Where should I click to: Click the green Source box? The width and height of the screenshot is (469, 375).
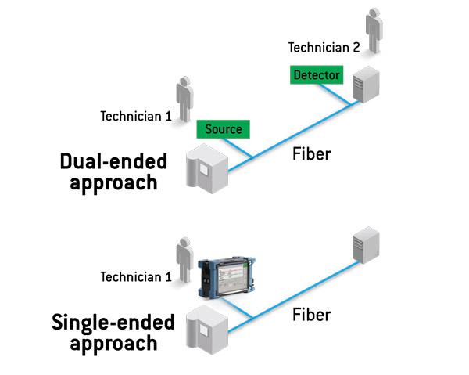click(224, 128)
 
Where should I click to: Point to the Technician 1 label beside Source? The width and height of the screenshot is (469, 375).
click(136, 117)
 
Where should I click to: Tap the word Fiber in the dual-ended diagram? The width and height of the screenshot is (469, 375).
click(311, 154)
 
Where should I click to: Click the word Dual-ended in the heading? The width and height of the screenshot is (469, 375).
click(113, 162)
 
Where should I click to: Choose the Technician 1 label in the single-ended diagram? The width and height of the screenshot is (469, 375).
click(136, 276)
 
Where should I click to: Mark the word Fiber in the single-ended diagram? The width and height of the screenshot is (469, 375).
click(311, 315)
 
